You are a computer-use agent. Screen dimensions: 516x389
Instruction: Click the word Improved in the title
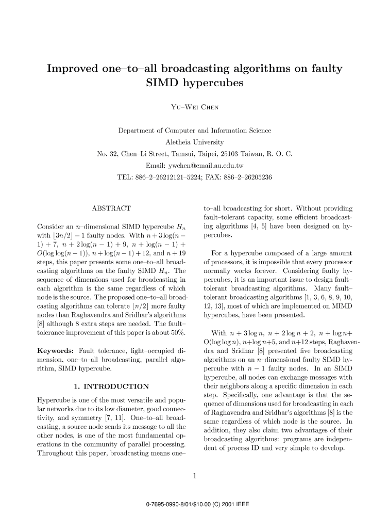(74, 69)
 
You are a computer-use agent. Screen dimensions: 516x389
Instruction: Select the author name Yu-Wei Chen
(195, 107)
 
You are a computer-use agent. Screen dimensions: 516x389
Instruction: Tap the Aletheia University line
(194, 141)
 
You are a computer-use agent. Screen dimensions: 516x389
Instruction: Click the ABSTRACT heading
(111, 208)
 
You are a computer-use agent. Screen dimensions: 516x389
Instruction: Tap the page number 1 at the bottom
(195, 476)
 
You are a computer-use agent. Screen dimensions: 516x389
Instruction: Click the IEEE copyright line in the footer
(194, 503)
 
